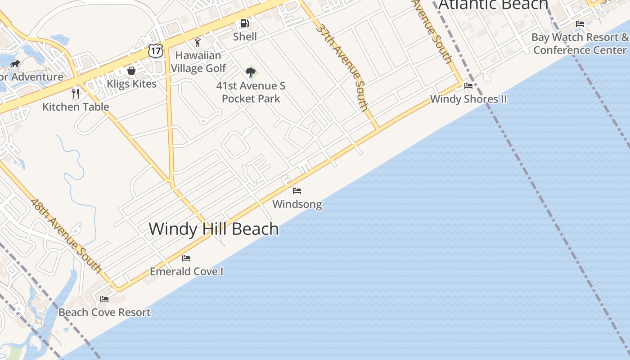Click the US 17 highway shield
(155, 51)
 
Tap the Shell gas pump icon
(244, 23)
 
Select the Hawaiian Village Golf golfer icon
(198, 43)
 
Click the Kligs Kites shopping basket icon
(131, 71)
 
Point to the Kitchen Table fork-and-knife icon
(76, 94)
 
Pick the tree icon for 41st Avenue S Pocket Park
(251, 72)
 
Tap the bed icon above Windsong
(297, 191)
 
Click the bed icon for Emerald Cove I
(186, 258)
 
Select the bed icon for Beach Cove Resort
(104, 299)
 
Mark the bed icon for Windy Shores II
(468, 86)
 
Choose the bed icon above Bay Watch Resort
(580, 24)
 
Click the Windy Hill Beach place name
(214, 229)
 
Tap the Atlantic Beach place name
(493, 4)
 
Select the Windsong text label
(297, 204)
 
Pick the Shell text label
(245, 36)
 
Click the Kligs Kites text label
(131, 84)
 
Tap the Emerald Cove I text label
(186, 271)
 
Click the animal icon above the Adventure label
(15, 63)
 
